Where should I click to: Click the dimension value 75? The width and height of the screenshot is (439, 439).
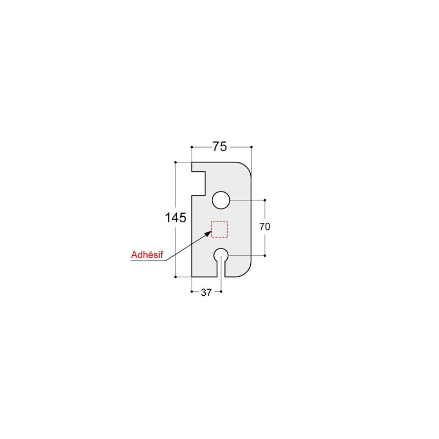pos(220,147)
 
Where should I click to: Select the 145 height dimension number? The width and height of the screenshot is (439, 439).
pos(176,218)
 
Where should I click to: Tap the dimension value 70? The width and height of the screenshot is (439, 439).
pos(265,226)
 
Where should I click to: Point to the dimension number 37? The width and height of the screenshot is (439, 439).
pos(206,293)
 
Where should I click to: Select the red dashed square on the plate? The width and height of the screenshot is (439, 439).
pos(219,229)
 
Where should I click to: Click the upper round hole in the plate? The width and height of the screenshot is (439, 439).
pos(221,200)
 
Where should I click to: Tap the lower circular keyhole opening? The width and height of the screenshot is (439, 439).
pos(221,255)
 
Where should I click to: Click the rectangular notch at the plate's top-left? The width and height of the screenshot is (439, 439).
pos(198,181)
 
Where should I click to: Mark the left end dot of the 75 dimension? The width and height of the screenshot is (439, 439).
pos(191,147)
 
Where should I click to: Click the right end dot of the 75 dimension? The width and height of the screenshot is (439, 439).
pos(251,147)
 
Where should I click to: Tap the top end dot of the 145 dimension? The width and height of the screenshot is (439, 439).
pos(175,162)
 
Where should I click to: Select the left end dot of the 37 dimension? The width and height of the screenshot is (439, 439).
pos(191,291)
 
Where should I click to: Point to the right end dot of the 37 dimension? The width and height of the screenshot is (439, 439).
pos(221,291)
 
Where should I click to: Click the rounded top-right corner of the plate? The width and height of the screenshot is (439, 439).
pos(245,168)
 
